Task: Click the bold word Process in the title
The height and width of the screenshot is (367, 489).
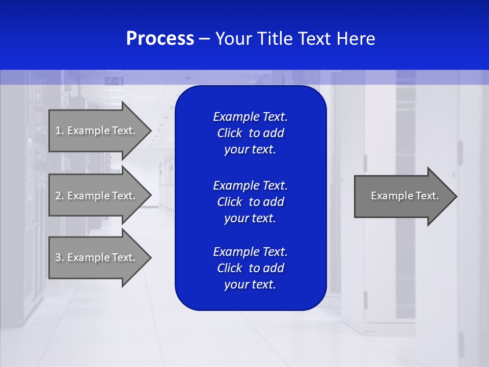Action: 160,39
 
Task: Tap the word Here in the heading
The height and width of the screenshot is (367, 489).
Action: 356,39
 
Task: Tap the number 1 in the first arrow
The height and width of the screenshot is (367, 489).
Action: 58,130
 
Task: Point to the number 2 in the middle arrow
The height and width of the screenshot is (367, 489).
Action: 58,196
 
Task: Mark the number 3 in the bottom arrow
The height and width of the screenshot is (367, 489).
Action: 58,257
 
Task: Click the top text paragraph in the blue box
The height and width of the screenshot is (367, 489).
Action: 250,133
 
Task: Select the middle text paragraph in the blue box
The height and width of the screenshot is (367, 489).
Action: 250,202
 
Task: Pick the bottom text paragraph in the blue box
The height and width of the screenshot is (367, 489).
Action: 250,268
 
